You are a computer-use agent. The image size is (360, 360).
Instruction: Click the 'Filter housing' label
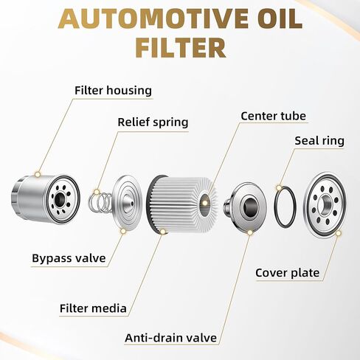113,91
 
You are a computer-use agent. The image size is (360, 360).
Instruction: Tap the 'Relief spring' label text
153,122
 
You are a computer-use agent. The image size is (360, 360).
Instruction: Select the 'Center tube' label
273,116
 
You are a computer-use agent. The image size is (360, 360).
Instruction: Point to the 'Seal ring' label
319,141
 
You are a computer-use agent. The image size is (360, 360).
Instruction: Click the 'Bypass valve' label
69,258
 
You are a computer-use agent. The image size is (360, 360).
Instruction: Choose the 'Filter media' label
93,308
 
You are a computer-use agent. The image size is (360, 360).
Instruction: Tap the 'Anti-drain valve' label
171,338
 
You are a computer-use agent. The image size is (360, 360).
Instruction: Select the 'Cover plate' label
288,273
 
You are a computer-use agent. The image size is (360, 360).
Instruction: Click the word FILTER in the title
181,46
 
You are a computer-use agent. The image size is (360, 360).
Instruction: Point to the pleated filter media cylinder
182,204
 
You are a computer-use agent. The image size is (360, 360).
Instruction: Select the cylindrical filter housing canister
46,199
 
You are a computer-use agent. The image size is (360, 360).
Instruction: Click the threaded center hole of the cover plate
325,204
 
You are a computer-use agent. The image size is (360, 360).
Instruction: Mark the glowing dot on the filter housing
38,174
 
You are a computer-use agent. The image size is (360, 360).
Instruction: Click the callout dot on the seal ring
279,188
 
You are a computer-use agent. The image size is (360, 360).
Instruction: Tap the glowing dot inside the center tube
204,202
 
